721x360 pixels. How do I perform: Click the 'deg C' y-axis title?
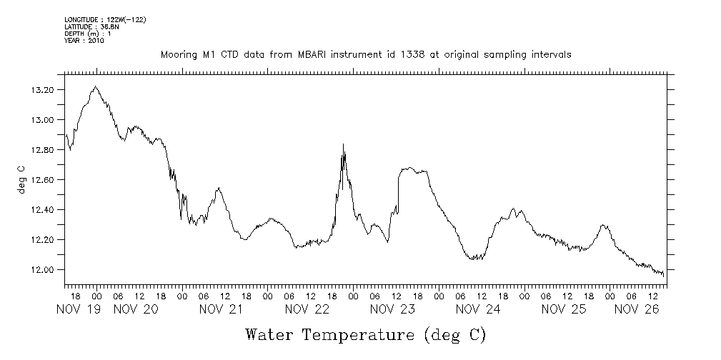[x=21, y=179]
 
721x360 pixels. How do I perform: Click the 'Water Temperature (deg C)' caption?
[x=365, y=334]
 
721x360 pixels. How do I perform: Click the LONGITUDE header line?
[x=105, y=19]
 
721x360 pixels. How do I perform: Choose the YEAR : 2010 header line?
[x=84, y=41]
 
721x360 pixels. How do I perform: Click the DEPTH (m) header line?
[x=87, y=34]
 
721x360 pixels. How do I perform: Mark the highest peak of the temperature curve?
[x=95, y=86]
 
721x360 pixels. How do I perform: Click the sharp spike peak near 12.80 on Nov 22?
[x=344, y=144]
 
